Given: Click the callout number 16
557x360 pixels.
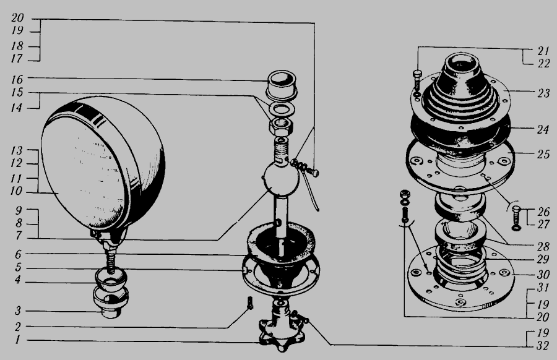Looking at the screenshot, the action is pos(17,79).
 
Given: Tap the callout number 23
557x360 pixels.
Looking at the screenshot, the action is pos(543,93).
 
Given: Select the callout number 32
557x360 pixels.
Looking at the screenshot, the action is pos(542,345).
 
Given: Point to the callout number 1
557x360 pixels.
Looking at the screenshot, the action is pos(17,340).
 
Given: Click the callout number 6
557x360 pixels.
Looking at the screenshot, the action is pos(18,254).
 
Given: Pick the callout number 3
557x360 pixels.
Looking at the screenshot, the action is pos(18,311).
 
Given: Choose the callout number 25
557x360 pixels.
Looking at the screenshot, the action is pos(543,154).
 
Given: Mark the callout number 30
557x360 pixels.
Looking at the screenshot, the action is pos(543,274).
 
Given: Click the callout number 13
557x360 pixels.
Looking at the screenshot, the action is pos(16,150).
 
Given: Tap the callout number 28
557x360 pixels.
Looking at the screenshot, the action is pos(543,246).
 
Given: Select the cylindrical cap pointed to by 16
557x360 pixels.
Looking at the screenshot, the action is pos(282,85).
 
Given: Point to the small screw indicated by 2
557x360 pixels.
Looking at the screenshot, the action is pos(249,302).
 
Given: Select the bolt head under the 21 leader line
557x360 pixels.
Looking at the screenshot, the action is pos(417,74).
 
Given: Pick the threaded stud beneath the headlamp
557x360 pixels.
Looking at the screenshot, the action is pos(112,260).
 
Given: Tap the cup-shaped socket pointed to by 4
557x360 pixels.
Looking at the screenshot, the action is pos(111,280).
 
